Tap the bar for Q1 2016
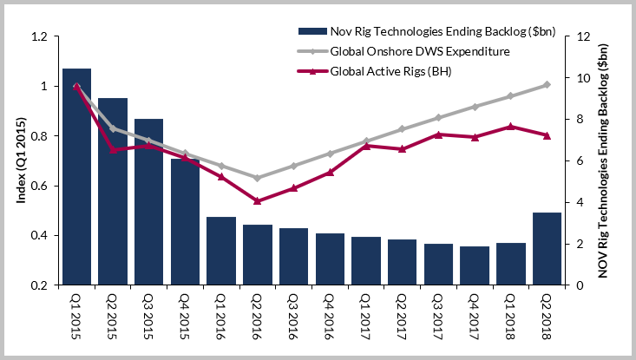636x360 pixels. [x=221, y=251]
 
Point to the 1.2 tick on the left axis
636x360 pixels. [x=39, y=37]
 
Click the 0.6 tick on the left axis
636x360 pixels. [x=39, y=186]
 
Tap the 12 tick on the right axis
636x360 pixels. [x=573, y=37]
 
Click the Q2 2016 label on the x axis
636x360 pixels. [x=258, y=317]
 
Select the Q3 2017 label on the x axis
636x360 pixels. [x=438, y=317]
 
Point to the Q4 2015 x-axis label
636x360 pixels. [x=185, y=317]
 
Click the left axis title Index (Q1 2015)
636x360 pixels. [x=18, y=161]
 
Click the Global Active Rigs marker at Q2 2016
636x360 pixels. [x=258, y=201]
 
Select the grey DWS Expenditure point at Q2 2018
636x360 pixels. [x=547, y=84]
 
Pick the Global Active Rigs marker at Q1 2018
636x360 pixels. [x=510, y=127]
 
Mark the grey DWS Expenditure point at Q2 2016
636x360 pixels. [x=258, y=178]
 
